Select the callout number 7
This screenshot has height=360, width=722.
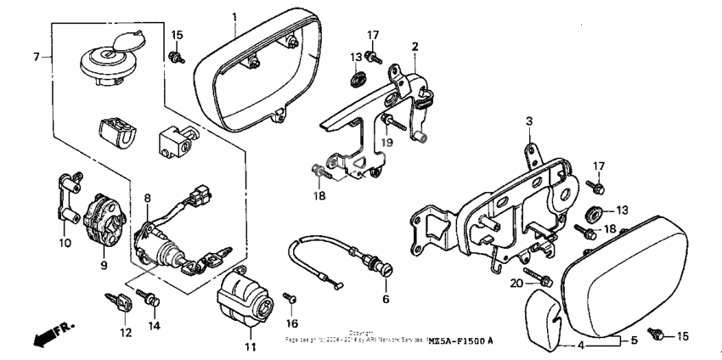click(x=36, y=57)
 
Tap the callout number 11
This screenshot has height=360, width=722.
click(x=250, y=347)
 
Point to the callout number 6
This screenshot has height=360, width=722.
click(x=385, y=300)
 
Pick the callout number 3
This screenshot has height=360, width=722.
click(x=527, y=121)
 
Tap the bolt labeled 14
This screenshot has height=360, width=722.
click(x=154, y=299)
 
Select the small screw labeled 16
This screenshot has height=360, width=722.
click(x=291, y=298)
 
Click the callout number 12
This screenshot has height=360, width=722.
click(x=126, y=333)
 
